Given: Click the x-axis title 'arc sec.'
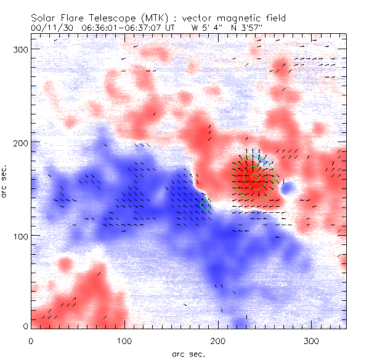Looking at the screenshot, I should click(188, 354).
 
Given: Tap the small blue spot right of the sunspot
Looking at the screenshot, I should click(287, 186).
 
